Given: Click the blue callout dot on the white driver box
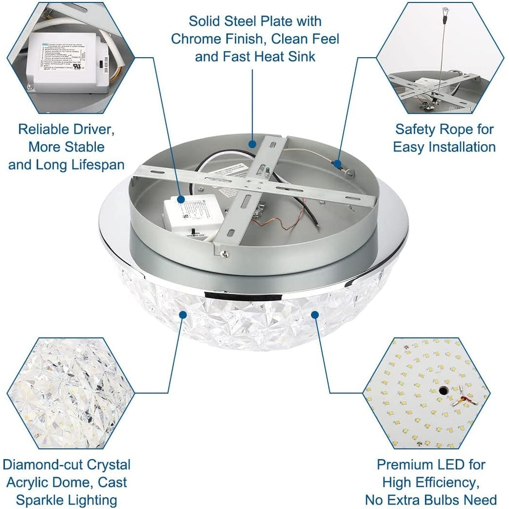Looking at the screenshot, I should pyautogui.click(x=181, y=199).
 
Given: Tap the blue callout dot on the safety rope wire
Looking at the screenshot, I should pyautogui.click(x=338, y=163).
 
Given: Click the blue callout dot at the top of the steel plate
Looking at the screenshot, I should pyautogui.click(x=253, y=144).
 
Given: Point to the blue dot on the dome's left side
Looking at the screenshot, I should pyautogui.click(x=183, y=314).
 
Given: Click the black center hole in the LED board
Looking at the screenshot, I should pyautogui.click(x=440, y=391).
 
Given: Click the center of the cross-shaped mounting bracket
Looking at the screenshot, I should pyautogui.click(x=254, y=186).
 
